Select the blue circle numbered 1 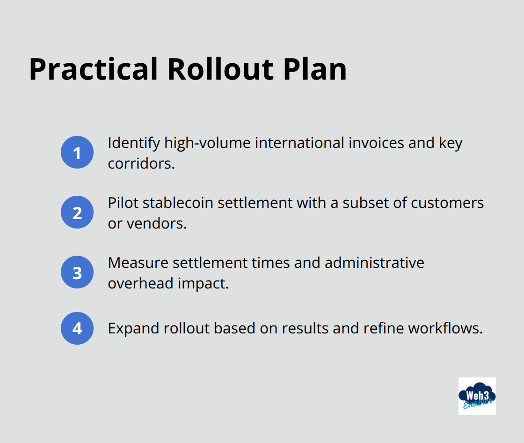pos(77,152)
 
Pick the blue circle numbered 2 pos(77,212)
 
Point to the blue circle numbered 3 pos(77,272)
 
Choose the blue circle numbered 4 pos(77,328)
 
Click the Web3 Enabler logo pos(477,396)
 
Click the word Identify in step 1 pos(134,143)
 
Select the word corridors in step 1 pos(141,164)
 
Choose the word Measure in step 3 pos(138,263)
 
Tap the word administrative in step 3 pos(374,263)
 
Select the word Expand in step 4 pos(133,329)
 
